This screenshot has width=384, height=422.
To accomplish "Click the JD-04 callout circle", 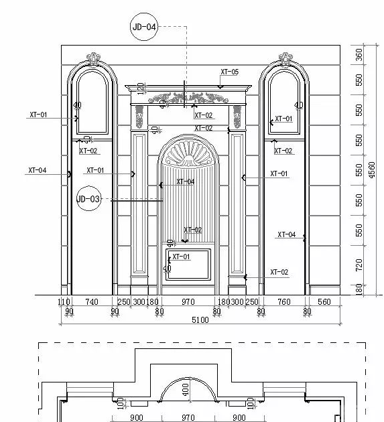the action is (144, 27).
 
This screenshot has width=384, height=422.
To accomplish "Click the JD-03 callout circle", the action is (88, 199).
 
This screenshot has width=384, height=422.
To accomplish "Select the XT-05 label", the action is (229, 72).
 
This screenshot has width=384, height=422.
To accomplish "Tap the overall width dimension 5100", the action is (200, 320).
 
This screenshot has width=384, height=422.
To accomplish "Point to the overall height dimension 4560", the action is (372, 169).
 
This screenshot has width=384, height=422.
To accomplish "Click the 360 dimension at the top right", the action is (359, 55).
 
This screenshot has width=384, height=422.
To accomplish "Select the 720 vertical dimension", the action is (359, 265).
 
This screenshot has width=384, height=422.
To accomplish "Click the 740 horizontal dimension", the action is (92, 301).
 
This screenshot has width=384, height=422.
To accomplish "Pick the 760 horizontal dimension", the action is (284, 301).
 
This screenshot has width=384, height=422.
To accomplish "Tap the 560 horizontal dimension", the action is (324, 301).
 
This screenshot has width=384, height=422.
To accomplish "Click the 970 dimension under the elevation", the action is (188, 301).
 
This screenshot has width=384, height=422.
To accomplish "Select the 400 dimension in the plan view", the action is (186, 389).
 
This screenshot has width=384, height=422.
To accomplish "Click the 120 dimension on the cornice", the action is (140, 89).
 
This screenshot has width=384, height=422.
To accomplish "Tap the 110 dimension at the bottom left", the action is (64, 301).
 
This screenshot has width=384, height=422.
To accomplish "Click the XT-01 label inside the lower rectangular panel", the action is (181, 257).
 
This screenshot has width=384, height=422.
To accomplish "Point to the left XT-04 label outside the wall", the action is (37, 170).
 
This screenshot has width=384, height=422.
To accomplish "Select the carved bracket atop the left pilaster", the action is (139, 117).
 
